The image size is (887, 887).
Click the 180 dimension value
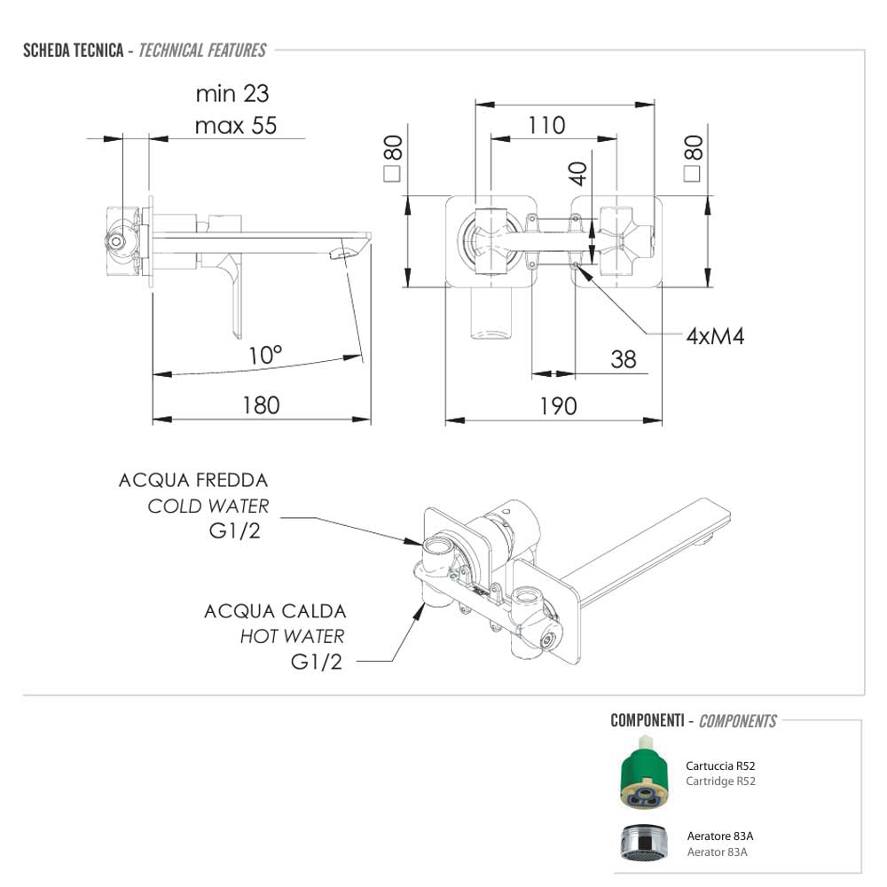pos(261,405)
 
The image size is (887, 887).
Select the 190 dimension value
pos(558,405)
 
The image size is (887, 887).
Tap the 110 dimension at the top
pos(546,125)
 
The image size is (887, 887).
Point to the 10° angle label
pos(265,356)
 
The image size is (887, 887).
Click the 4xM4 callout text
pos(715,335)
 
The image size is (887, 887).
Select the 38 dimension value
pos(623,358)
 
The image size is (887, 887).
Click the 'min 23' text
pos(232,93)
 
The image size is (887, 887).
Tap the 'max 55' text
pos(235,125)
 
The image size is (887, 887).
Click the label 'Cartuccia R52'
pos(720,765)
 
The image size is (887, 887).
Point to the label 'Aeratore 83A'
pos(720,836)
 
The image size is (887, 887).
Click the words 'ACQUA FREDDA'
pos(193,481)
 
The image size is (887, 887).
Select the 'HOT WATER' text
pos(292,636)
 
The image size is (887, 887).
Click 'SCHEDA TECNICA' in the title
pos(73,50)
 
